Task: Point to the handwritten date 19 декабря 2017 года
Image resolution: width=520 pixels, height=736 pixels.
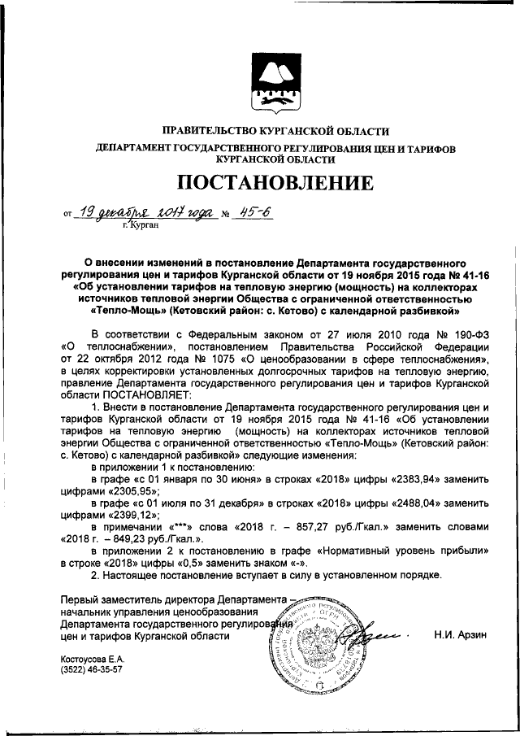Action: pyautogui.click(x=146, y=212)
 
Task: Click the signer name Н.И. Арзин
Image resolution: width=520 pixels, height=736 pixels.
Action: pyautogui.click(x=459, y=637)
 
